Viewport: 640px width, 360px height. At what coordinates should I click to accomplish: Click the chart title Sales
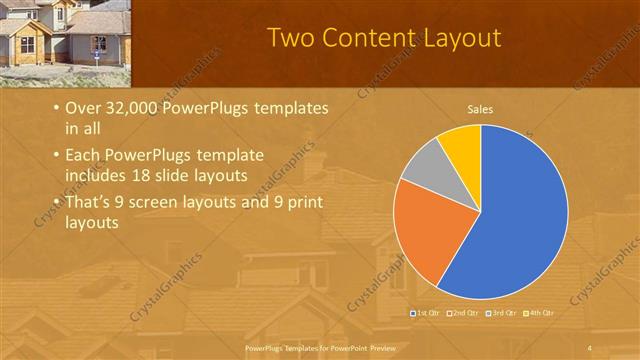tap(481, 109)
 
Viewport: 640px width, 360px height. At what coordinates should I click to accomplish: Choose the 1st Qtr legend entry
tap(427, 313)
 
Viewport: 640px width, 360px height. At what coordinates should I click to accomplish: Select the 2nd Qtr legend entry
tap(465, 313)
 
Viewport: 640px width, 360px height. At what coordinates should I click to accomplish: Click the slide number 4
tap(590, 347)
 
